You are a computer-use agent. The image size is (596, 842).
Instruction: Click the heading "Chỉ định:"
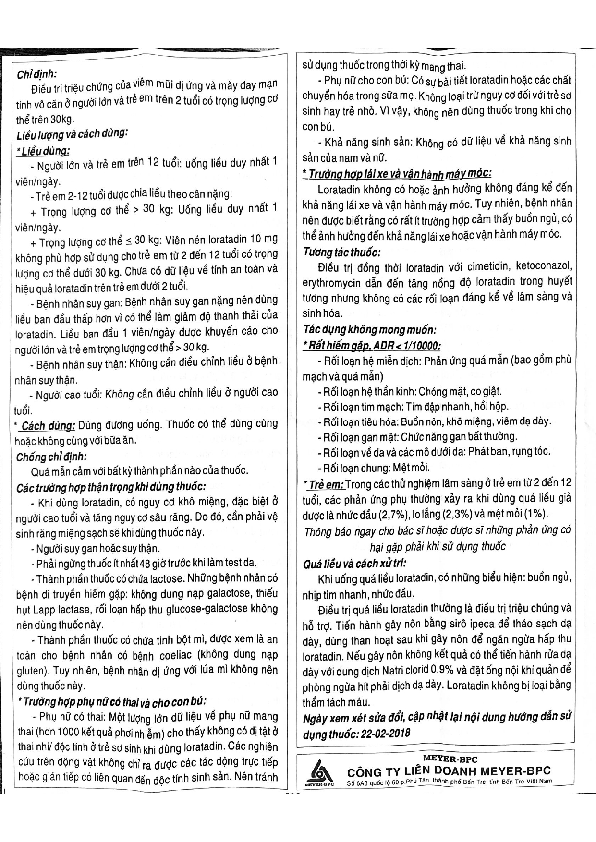(36, 74)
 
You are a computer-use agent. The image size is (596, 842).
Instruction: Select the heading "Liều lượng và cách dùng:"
(72, 134)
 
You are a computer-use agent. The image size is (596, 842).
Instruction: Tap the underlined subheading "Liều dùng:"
(43, 151)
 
